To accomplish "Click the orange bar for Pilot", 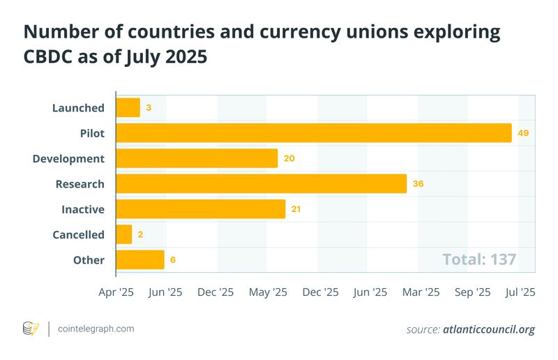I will point(314,133).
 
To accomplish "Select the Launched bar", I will point(128,107).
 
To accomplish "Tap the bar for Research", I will point(261,183).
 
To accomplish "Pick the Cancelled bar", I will point(123,234).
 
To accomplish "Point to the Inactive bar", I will point(200,209).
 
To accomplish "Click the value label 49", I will point(523,133).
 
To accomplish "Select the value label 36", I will point(418,183).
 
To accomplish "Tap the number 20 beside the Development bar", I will point(289,158).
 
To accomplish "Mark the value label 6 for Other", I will point(172,260).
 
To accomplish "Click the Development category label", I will point(68,158).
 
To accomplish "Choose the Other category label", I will point(89,260).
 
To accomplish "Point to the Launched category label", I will point(78,107).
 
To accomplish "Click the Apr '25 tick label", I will point(116,292).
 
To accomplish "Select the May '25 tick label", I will point(267,292).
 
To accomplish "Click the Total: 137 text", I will point(479,260).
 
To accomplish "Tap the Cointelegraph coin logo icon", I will point(31,329).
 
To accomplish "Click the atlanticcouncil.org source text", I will point(489,329).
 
